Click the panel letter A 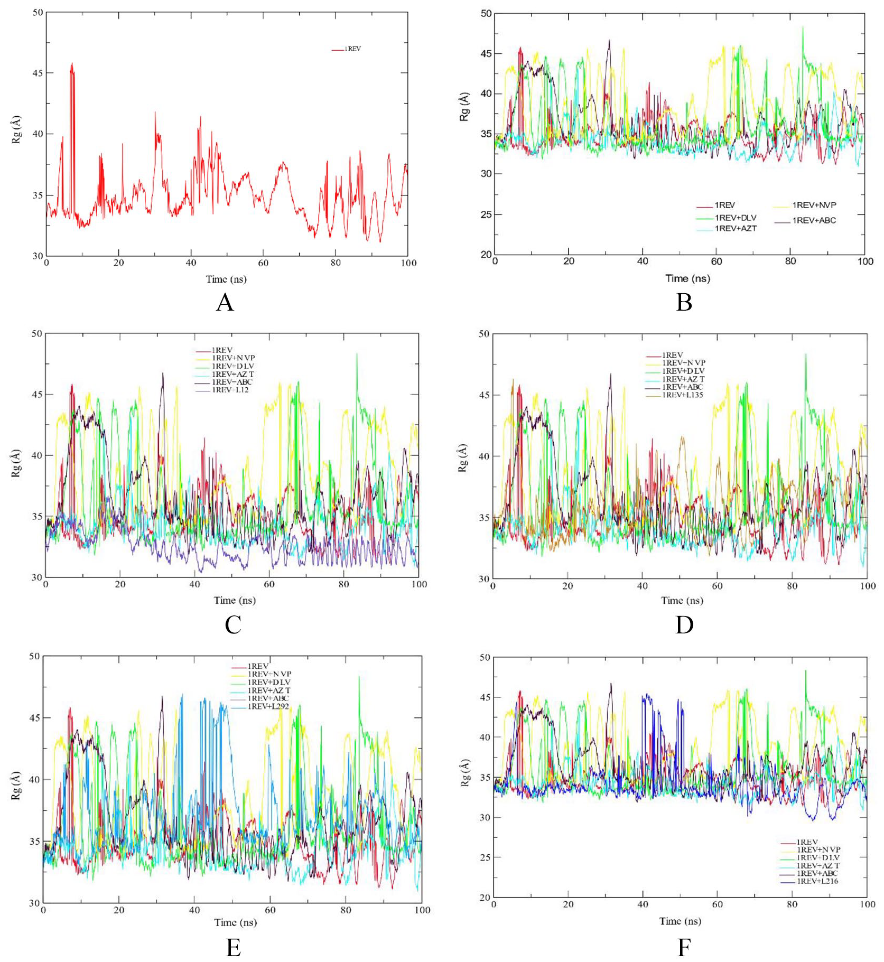[225, 303]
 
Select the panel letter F [684, 947]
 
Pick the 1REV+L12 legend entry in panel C [230, 390]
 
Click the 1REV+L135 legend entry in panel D [682, 395]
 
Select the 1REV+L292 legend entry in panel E [268, 706]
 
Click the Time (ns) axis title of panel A [226, 279]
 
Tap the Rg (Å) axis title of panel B [464, 107]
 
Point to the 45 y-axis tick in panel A [38, 73]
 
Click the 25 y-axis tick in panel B [486, 214]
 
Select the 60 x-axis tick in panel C [269, 584]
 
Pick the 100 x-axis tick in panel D [867, 585]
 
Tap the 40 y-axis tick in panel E [34, 779]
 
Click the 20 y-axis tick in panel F [485, 898]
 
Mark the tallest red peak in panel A [72, 64]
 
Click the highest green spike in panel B [803, 27]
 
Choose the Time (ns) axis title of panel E [235, 922]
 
